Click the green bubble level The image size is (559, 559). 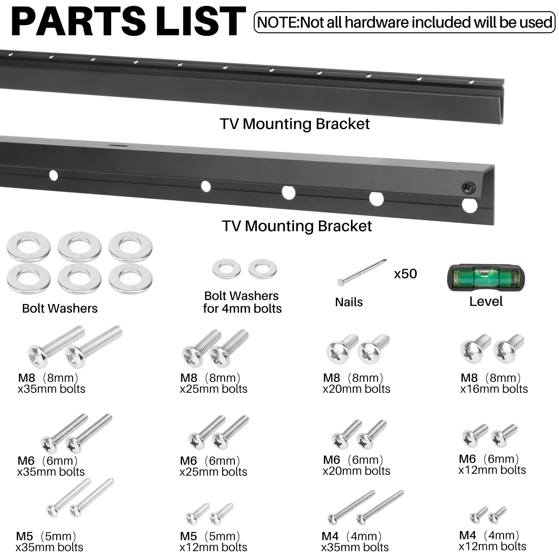tap(485, 277)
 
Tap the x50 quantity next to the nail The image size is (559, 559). tap(405, 274)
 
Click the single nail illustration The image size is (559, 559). tap(362, 273)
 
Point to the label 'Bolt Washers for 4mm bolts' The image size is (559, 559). tap(242, 302)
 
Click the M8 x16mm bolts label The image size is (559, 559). tap(493, 383)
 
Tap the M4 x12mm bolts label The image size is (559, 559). tap(492, 541)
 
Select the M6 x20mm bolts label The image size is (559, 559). tap(356, 465)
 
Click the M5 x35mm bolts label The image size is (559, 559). tap(49, 542)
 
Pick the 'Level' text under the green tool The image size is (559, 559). tap(486, 302)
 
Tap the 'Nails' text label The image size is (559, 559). tap(349, 302)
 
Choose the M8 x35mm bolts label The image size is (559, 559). tap(51, 383)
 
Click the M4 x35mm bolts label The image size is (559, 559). tap(355, 542)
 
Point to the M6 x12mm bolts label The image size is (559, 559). tap(492, 464)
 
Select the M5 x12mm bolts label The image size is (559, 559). tap(213, 542)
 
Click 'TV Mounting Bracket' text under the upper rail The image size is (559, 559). tap(294, 124)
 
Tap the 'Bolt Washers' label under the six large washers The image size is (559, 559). tap(60, 308)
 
